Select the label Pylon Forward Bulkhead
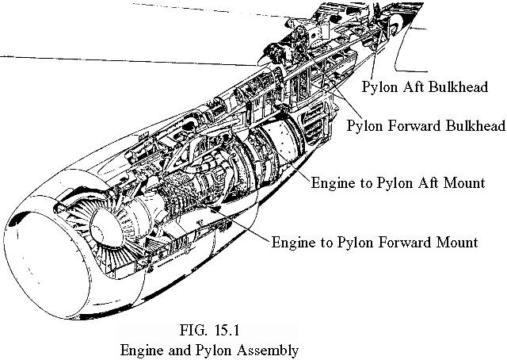pyautogui.click(x=426, y=127)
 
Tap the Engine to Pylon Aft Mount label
pyautogui.click(x=398, y=182)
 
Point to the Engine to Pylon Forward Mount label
pyautogui.click(x=375, y=241)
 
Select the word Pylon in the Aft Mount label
pyautogui.click(x=376, y=182)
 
